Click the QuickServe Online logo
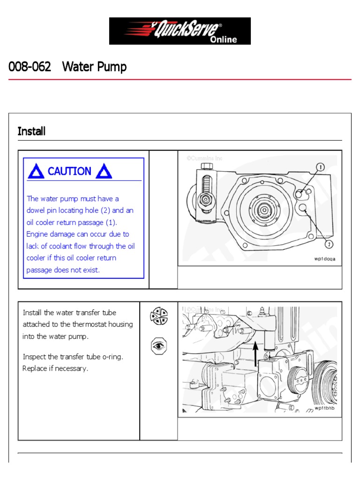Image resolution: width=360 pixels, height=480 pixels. (180, 31)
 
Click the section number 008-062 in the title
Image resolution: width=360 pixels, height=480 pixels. (30, 67)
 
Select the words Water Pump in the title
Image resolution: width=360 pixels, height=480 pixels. (94, 67)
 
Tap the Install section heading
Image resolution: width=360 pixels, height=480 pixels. (31, 131)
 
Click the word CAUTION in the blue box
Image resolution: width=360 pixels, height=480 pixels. (69, 172)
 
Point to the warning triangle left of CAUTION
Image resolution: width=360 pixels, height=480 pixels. (36, 172)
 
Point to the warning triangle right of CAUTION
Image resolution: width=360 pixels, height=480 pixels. (104, 172)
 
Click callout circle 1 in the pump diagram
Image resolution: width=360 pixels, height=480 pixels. (320, 167)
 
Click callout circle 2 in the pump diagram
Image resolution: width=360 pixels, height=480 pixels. (329, 244)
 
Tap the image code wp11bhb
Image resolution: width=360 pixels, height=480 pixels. (325, 408)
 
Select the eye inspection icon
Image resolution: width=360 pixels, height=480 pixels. (158, 346)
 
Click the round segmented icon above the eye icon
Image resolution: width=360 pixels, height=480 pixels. (158, 316)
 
